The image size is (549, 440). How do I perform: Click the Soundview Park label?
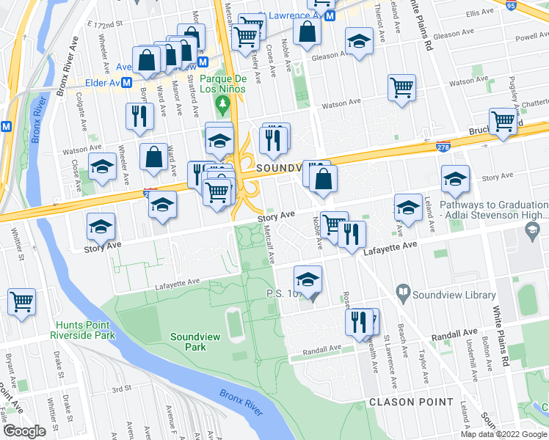(188, 342)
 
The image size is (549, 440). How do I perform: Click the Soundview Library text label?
(443, 295)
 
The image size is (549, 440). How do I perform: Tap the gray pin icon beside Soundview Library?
(403, 294)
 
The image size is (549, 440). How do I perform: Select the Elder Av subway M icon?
(127, 83)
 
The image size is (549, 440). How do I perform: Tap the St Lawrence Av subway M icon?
(331, 15)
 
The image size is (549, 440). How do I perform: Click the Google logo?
(24, 430)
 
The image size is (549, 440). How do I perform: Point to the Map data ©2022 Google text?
(504, 434)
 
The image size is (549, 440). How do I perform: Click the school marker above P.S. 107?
(308, 278)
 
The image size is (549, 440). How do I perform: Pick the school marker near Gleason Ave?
(359, 41)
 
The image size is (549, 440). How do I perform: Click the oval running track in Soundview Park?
(235, 325)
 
